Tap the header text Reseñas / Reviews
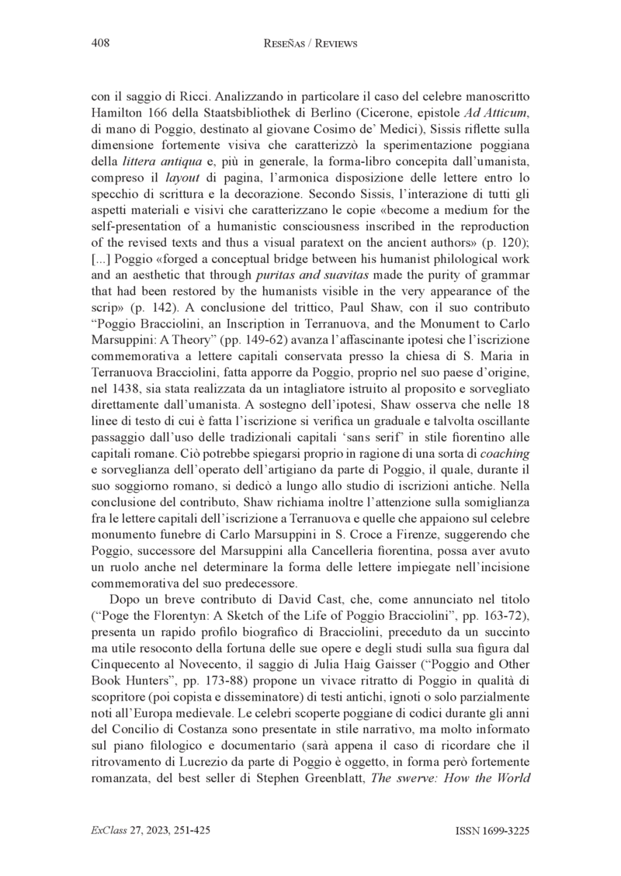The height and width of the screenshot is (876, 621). [x=310, y=44]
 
